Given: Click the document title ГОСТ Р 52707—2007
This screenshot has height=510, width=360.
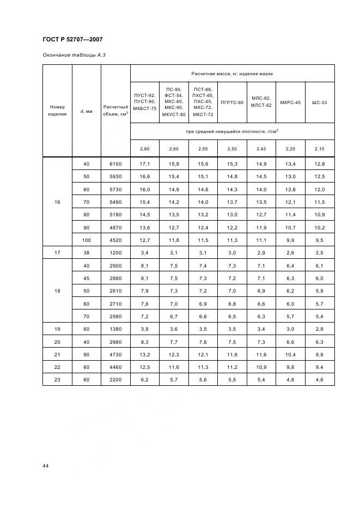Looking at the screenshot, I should pos(72,40).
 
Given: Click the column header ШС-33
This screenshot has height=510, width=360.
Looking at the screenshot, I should pos(320,102).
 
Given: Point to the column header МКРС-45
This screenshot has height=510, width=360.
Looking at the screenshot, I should pos(290,102).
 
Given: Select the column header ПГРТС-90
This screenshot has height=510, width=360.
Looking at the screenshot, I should pos(232,102).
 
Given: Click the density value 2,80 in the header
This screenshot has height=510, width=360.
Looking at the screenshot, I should pos(144,148).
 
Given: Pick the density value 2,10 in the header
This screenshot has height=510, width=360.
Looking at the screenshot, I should pos(320,148).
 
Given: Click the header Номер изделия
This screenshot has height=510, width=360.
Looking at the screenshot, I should pos(57,111).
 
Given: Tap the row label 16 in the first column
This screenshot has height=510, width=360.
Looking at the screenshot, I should pos(57,202).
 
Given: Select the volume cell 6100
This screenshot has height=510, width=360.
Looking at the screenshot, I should pos(115,164).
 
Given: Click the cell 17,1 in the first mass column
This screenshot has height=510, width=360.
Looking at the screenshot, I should pos(144,164).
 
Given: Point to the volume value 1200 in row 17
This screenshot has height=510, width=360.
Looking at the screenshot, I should pos(115,253).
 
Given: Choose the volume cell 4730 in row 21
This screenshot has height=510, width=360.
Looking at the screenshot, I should pos(115,354).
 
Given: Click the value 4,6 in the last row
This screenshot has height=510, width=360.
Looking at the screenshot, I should pos(320,379).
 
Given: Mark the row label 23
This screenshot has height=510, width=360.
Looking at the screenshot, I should pos(57,379).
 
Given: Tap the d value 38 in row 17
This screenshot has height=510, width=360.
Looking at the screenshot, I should pos(86,253).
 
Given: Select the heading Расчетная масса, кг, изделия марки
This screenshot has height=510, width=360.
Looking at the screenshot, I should pos(232,73).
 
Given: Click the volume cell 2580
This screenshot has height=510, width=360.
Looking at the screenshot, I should pos(115,316).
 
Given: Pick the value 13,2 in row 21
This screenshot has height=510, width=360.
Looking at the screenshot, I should pos(144,354).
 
